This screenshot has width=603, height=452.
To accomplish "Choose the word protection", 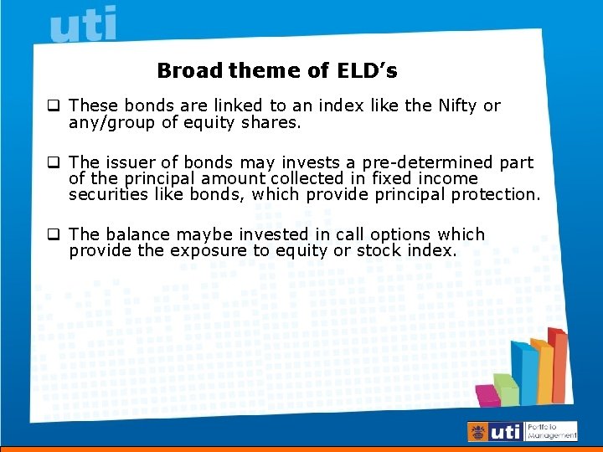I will tap(497, 194).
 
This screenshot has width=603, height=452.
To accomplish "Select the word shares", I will tap(273, 122).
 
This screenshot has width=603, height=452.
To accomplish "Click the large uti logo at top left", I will tap(83, 24).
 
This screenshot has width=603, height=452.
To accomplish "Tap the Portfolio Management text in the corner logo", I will tap(552, 431).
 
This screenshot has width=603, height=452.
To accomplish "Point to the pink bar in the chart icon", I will tap(487, 395).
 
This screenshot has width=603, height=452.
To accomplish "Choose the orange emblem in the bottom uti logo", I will tap(477, 432).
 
